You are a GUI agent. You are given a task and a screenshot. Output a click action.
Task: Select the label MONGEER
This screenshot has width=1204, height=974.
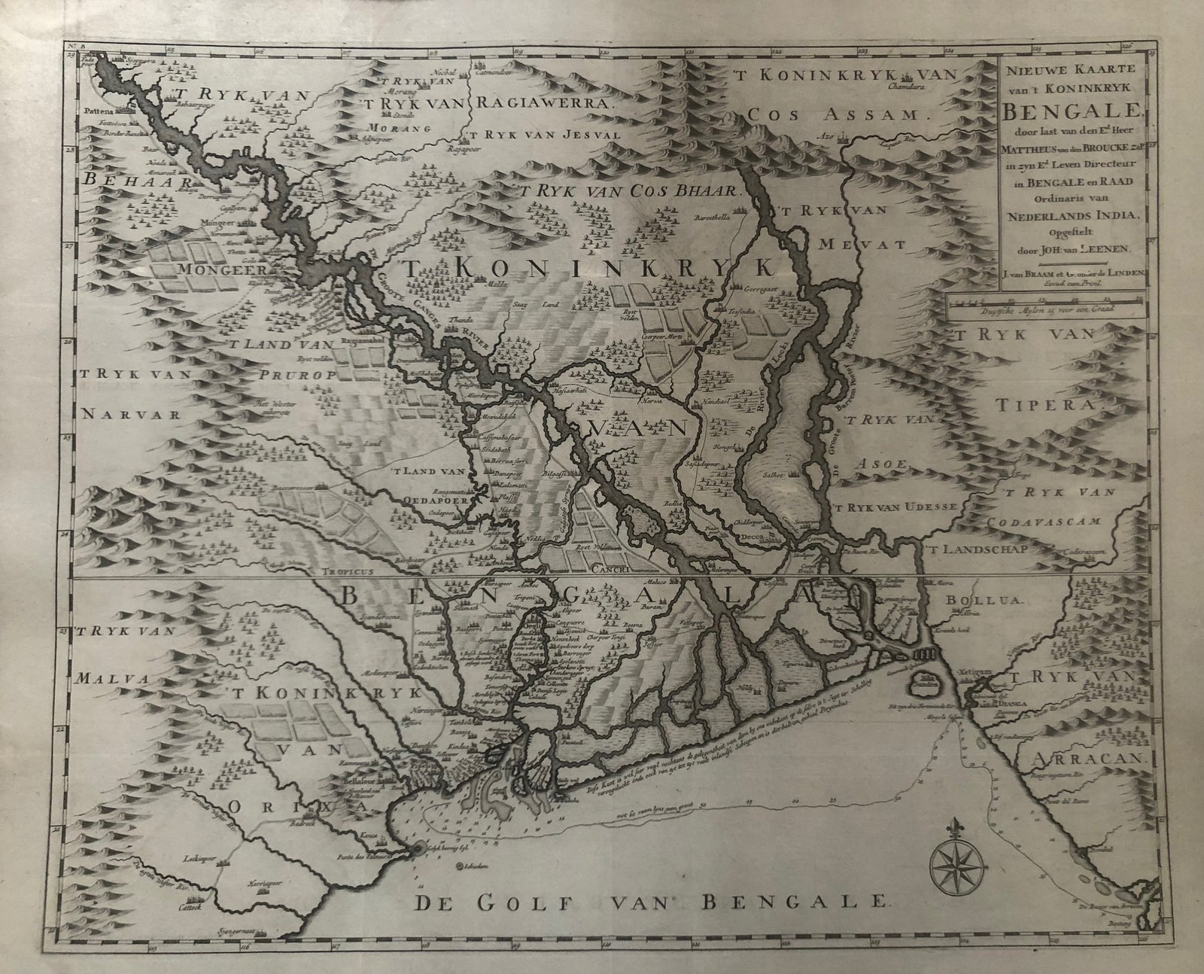pyautogui.click(x=204, y=269)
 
